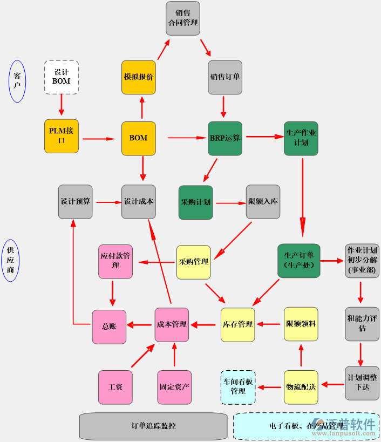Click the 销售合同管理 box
182,18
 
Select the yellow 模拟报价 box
139,77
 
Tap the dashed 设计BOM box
62,77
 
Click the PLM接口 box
61,136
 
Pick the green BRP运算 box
225,138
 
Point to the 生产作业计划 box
301,138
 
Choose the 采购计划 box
195,202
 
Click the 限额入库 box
263,202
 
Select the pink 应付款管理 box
115,261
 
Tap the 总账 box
109,327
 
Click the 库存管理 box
237,324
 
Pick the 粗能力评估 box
362,324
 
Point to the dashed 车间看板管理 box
238,387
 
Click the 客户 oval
17,81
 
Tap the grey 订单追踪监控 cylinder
153,426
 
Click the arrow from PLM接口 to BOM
98,139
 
